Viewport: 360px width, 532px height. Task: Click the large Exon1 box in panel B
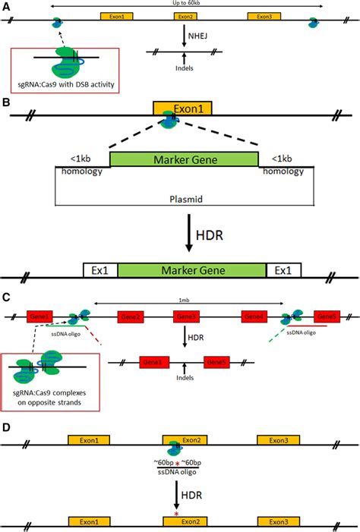tap(182, 109)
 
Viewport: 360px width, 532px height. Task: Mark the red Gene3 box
tap(187, 316)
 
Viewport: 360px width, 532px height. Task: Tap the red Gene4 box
tap(254, 316)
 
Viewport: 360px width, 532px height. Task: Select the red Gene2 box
tap(130, 316)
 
